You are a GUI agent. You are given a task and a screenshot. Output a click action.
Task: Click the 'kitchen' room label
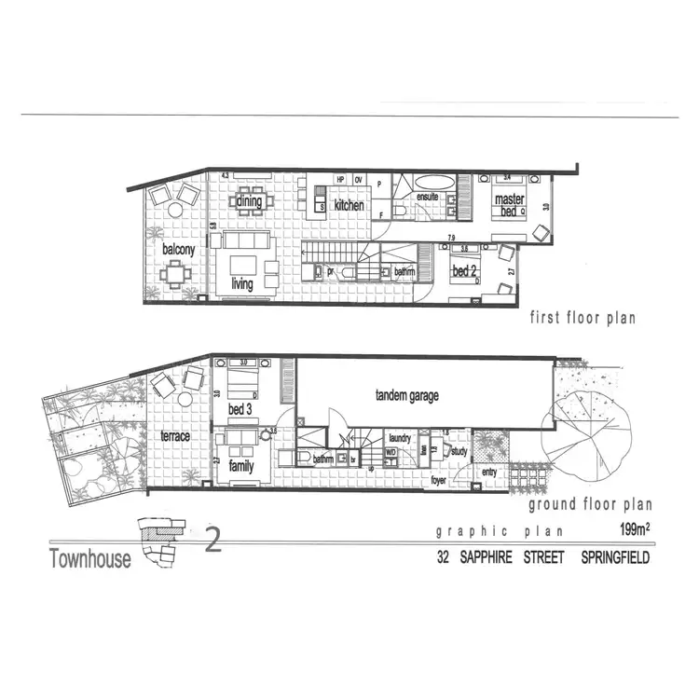(349, 204)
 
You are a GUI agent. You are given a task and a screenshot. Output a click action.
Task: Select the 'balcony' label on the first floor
(177, 250)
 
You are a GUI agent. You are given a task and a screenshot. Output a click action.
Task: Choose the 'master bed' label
(508, 205)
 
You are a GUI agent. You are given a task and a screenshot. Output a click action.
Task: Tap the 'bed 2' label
(465, 270)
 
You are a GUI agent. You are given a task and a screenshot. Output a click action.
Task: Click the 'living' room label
(242, 283)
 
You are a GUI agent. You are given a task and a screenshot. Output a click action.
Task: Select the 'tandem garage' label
(406, 395)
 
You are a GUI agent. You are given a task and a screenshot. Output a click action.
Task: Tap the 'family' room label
(240, 466)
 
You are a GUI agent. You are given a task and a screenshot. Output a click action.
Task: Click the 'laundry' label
(401, 436)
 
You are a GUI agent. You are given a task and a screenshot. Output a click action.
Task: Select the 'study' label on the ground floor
(458, 451)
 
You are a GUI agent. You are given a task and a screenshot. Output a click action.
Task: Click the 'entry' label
(489, 472)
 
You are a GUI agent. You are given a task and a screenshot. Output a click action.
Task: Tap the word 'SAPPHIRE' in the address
(505, 559)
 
